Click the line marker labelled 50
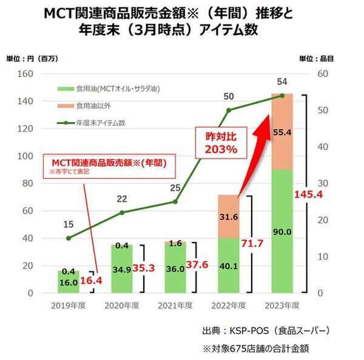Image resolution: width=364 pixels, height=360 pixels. [x=229, y=110]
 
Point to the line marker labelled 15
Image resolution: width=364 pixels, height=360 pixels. [x=69, y=238]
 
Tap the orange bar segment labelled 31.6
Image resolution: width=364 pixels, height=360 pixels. [x=228, y=216]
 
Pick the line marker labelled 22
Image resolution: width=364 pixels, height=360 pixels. [x=122, y=213]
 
